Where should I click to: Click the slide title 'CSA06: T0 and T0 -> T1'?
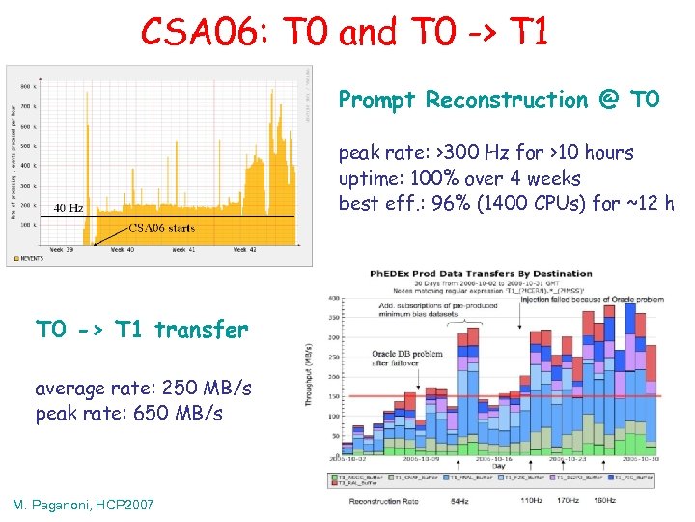(345, 32)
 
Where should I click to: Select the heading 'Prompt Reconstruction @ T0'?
(498, 100)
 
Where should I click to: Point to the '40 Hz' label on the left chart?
(68, 207)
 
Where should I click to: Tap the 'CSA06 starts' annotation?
(162, 229)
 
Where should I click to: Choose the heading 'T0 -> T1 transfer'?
(142, 331)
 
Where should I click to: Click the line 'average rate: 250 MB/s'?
(143, 388)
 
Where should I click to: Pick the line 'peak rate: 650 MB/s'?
(128, 413)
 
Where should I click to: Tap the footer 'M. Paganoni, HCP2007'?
(83, 505)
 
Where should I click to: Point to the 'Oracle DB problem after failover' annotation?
(405, 358)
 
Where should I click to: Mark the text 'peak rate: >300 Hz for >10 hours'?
(486, 153)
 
